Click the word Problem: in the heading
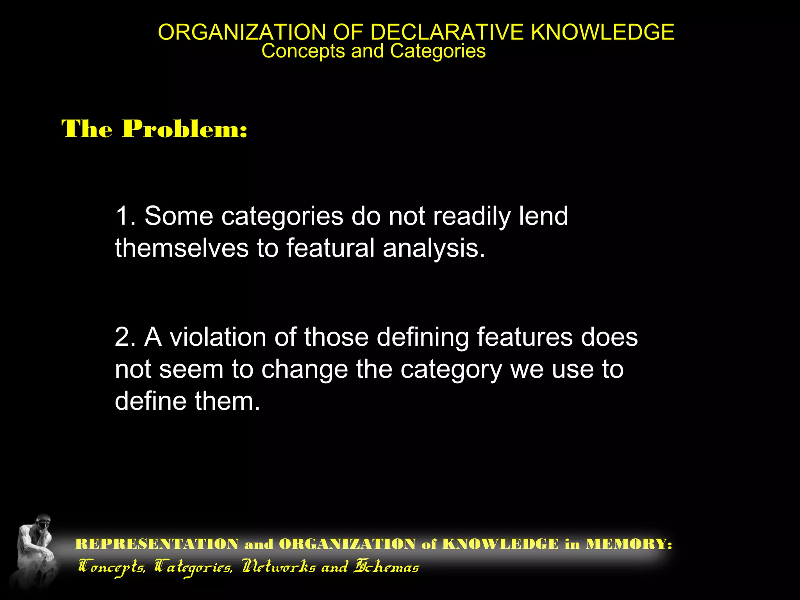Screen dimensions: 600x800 [185, 129]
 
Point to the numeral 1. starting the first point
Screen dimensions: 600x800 [125, 216]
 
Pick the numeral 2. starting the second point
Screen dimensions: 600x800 [125, 337]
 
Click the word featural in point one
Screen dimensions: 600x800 [330, 248]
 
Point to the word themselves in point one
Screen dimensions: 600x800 [182, 248]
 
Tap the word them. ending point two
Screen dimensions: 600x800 [227, 401]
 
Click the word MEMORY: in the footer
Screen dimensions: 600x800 [629, 544]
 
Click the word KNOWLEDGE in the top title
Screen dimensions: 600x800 [602, 32]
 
